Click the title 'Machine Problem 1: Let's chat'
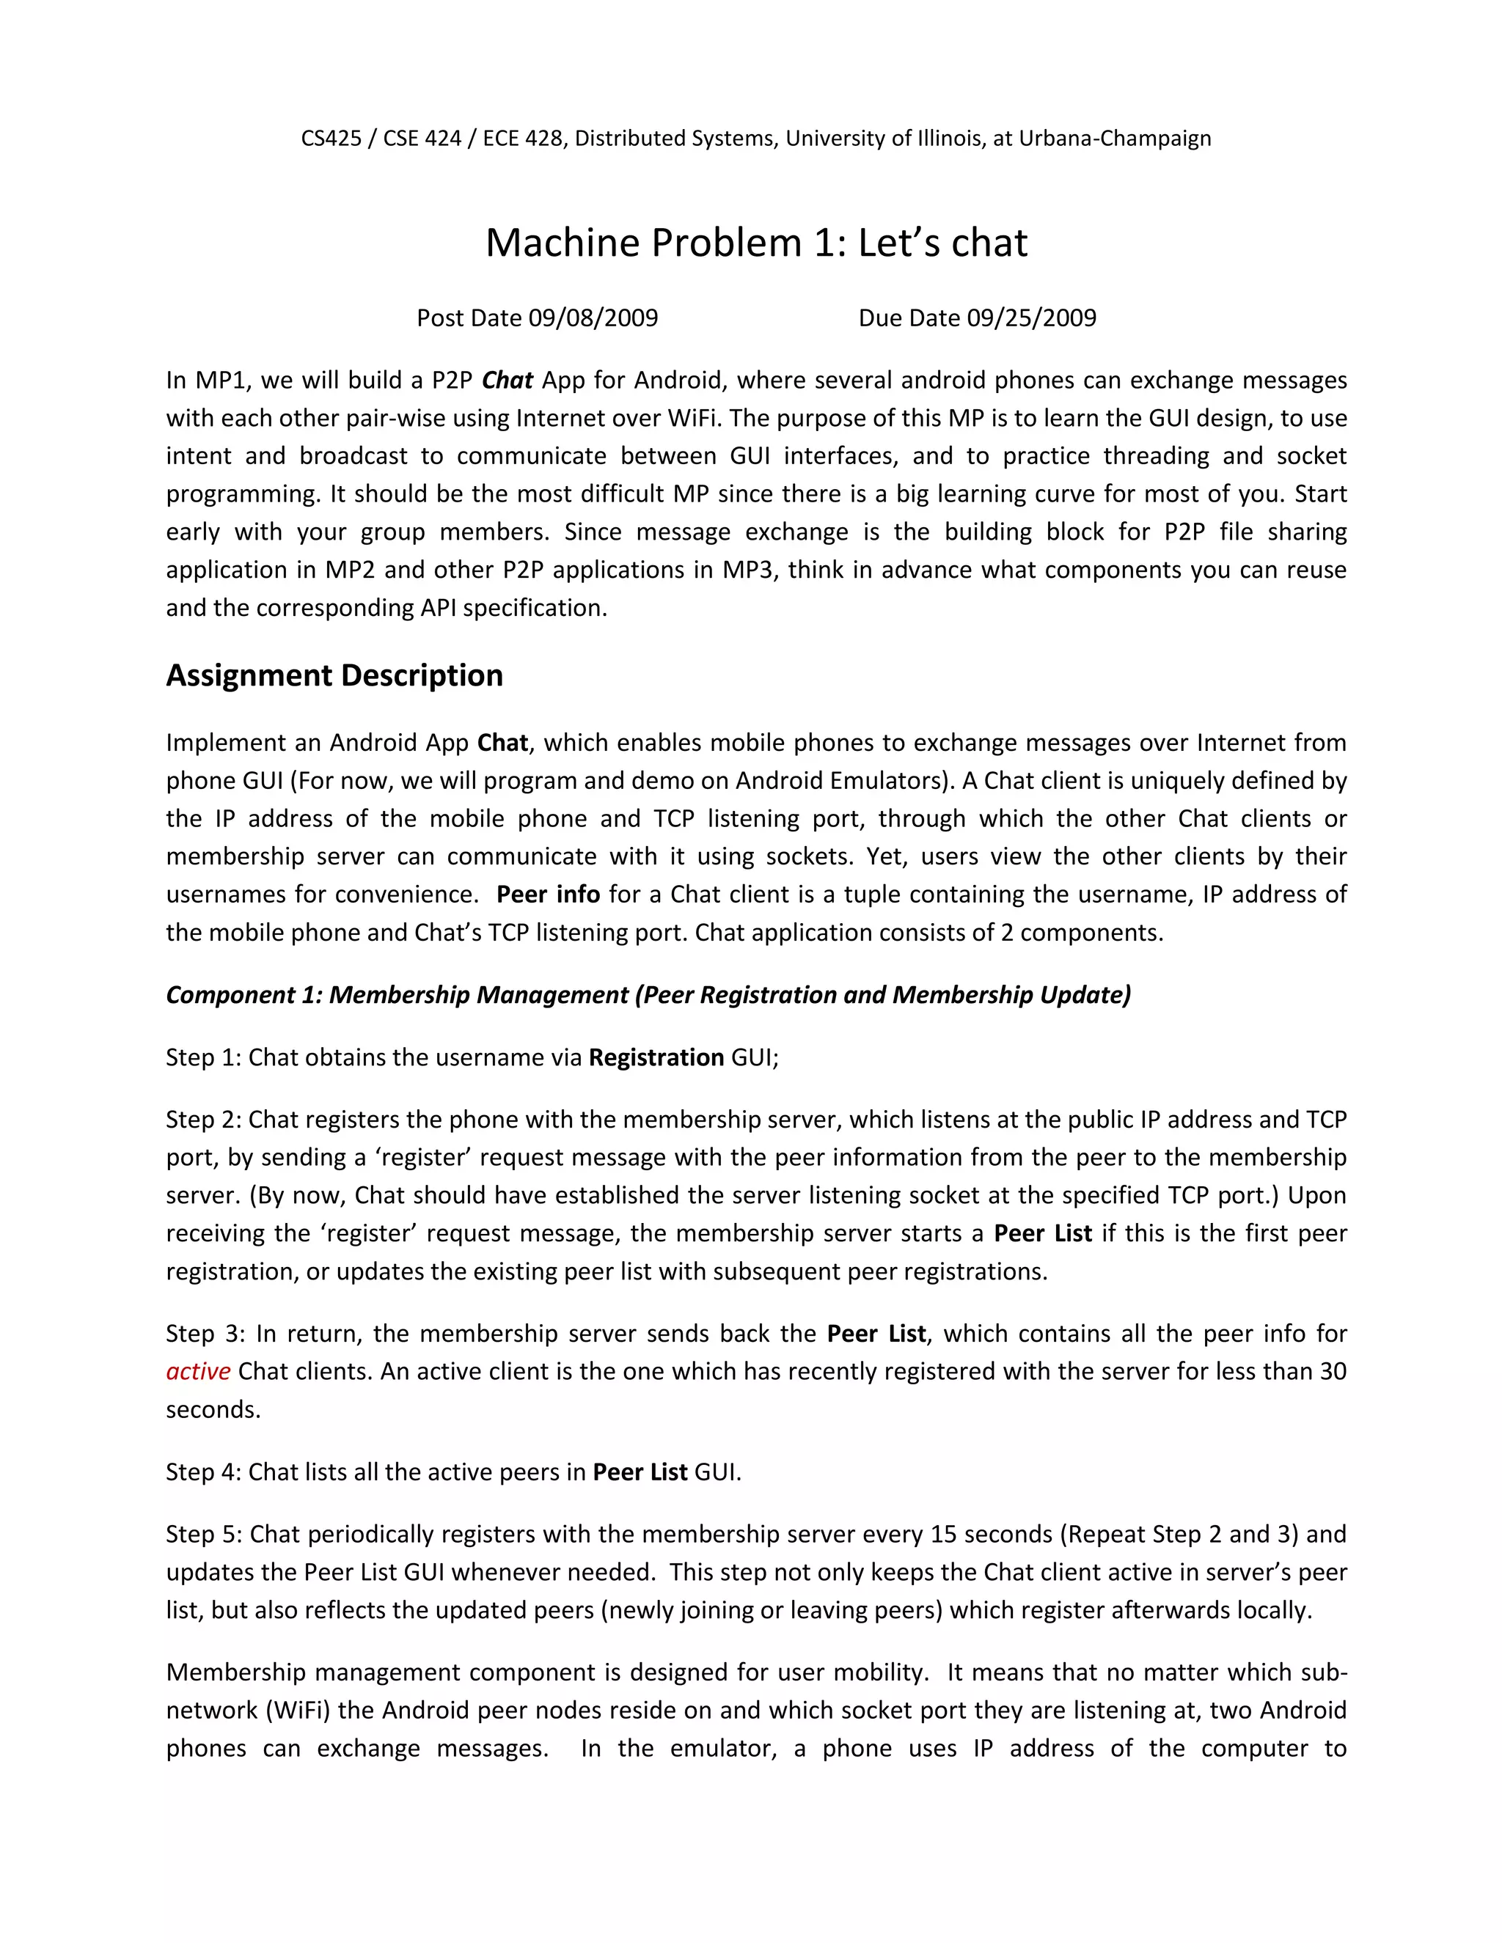pos(756,243)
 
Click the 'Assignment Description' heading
pos(334,675)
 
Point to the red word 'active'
pos(199,1371)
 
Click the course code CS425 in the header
pos(331,139)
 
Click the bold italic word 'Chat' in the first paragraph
pos(508,381)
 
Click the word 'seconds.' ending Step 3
pos(213,1409)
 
